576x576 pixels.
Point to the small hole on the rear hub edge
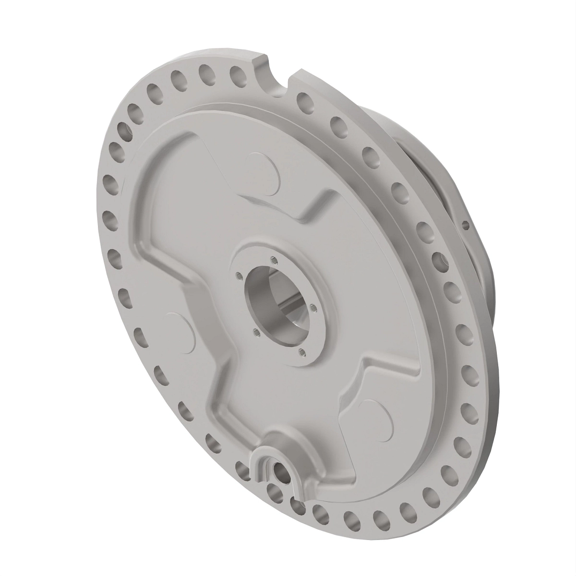pos(465,224)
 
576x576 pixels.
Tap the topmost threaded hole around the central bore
pos(274,260)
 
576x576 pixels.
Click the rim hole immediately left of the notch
pos(237,74)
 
